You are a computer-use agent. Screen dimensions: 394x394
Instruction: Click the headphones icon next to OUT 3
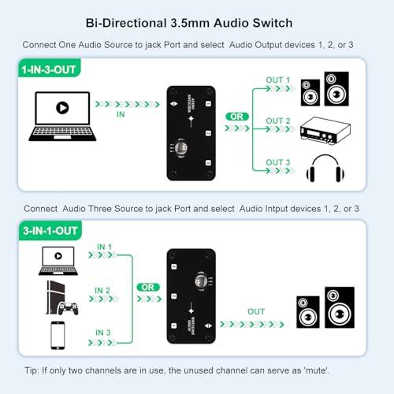pyautogui.click(x=323, y=170)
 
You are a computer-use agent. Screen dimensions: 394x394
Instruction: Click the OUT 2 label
pyautogui.click(x=278, y=120)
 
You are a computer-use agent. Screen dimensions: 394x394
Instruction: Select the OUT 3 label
pyautogui.click(x=278, y=162)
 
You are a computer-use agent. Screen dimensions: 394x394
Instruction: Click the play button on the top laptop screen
pyautogui.click(x=60, y=107)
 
